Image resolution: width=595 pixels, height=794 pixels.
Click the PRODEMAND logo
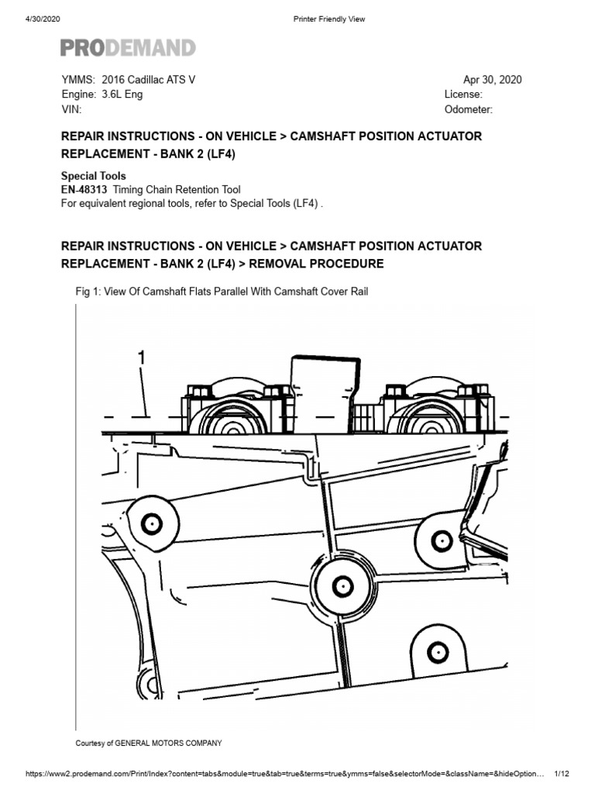[x=128, y=48]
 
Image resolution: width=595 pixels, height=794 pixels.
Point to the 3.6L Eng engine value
[x=122, y=95]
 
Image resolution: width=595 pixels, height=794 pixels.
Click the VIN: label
[x=71, y=109]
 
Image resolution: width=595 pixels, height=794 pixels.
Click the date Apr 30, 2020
[x=492, y=80]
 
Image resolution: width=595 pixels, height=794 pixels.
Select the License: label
[x=463, y=95]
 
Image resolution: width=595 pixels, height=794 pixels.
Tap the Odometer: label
[x=468, y=109]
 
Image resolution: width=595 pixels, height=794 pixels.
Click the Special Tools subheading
[x=93, y=176]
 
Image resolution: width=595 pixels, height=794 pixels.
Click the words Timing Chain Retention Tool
[x=177, y=190]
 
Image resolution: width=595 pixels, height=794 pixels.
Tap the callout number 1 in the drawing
[x=141, y=357]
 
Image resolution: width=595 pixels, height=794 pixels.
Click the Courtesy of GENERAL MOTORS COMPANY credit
[x=148, y=743]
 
